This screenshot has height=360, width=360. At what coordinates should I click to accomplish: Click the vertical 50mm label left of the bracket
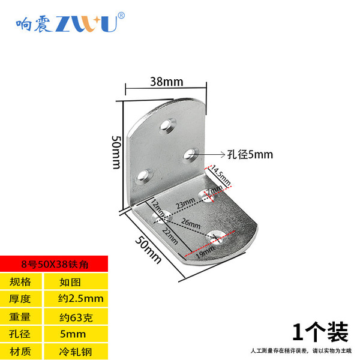[x=117, y=152]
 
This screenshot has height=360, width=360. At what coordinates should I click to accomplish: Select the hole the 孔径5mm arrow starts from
[x=191, y=154]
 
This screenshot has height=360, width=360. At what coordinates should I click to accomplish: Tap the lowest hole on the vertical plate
[x=143, y=176]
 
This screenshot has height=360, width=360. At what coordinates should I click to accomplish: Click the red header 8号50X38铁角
[x=53, y=263]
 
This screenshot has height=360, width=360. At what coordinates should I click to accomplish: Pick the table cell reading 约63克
[x=75, y=316]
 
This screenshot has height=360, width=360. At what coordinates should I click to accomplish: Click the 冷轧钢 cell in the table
[x=74, y=351]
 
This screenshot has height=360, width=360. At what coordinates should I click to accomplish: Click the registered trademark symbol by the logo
[x=121, y=15]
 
